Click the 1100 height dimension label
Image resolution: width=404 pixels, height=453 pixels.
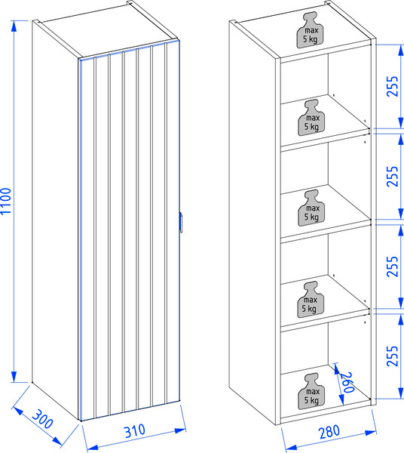click(x=6, y=201)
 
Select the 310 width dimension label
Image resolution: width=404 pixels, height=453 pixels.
click(x=135, y=431)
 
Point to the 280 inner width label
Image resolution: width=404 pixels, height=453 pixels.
click(x=329, y=432)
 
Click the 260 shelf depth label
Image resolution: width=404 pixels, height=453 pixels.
click(x=347, y=382)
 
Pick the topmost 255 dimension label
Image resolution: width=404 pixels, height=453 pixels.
click(x=392, y=86)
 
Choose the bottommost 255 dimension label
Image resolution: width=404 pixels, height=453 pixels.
click(x=392, y=356)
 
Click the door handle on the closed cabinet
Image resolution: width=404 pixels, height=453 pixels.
click(x=181, y=222)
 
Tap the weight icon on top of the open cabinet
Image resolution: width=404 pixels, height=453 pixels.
click(x=310, y=29)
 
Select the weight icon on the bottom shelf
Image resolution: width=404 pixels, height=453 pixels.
click(x=311, y=391)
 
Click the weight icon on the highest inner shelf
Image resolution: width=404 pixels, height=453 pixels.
click(x=311, y=117)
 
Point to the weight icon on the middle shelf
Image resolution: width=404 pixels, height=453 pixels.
click(x=311, y=208)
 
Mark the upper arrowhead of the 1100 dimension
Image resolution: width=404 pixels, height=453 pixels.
click(x=14, y=26)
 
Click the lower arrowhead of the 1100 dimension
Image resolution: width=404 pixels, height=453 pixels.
click(x=14, y=377)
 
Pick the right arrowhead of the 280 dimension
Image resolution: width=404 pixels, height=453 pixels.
click(x=371, y=433)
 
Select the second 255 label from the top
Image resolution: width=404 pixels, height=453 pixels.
click(x=392, y=176)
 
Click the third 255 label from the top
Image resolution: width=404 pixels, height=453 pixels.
click(x=392, y=267)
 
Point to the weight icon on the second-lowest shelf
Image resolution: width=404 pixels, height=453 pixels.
click(x=311, y=299)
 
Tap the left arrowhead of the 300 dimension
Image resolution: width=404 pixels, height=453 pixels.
click(x=17, y=411)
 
